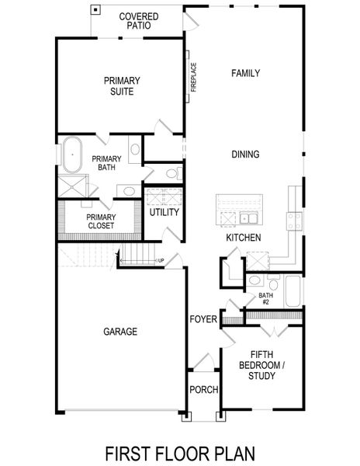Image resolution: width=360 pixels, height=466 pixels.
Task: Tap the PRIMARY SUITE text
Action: click(119, 85)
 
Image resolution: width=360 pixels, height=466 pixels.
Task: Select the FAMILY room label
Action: click(245, 73)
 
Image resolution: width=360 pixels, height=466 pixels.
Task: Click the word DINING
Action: click(245, 155)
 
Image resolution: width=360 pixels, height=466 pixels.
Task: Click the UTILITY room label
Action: click(164, 212)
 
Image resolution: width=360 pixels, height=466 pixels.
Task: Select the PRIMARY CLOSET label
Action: click(101, 221)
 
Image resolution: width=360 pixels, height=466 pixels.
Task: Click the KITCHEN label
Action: click(243, 238)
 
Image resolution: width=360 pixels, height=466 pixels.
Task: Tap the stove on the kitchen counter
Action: click(295, 220)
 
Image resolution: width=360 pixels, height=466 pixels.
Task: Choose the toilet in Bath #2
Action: click(254, 280)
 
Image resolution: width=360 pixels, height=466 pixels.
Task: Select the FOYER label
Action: click(202, 319)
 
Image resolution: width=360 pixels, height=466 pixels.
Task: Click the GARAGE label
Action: click(120, 332)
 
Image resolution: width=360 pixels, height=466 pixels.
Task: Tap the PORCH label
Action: click(203, 389)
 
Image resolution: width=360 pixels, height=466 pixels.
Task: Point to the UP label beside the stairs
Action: click(161, 260)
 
